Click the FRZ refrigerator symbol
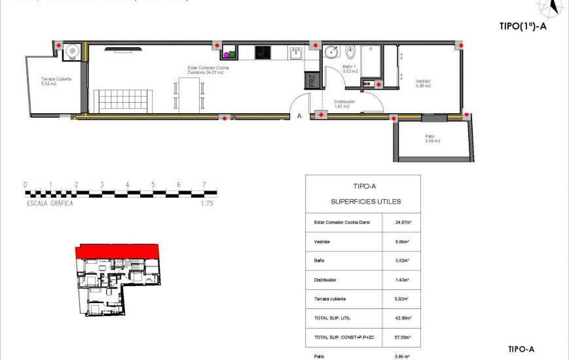coord(312,81)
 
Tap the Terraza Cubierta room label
coord(55,81)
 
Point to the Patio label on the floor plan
coord(432,139)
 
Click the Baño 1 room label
coord(350,69)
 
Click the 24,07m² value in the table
coord(402,223)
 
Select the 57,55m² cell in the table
coord(402,337)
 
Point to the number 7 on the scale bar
coord(204,185)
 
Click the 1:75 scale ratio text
coord(207,204)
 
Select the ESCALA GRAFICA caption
coord(50,204)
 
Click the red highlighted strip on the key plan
coord(118,251)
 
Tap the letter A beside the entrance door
coord(299,117)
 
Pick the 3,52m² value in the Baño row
coord(402,261)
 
